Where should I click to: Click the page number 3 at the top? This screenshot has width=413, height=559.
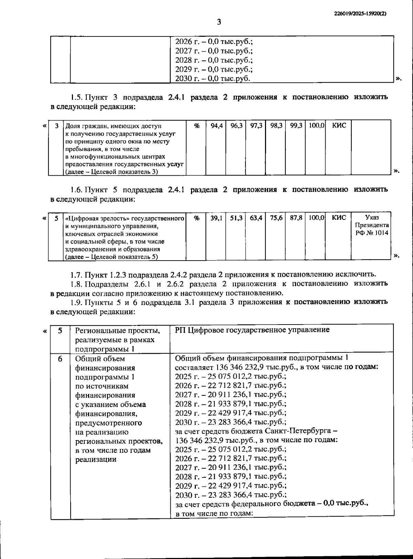click(219, 22)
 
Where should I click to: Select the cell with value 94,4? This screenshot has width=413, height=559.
click(216, 126)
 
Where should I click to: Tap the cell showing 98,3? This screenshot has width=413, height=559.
click(276, 126)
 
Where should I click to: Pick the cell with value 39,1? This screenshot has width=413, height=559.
click(216, 218)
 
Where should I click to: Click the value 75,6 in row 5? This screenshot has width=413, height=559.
click(276, 218)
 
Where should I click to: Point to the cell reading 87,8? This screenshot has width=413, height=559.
click(296, 218)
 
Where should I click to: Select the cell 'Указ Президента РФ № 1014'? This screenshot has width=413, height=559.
click(372, 225)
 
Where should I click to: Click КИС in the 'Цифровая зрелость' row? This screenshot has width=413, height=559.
click(339, 218)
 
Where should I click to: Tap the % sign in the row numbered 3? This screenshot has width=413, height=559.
click(197, 126)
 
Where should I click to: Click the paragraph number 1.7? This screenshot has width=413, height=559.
click(77, 275)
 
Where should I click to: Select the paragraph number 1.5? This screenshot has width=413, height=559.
click(77, 97)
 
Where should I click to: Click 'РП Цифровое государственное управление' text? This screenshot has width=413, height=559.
click(252, 330)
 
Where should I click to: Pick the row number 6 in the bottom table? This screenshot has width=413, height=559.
click(60, 359)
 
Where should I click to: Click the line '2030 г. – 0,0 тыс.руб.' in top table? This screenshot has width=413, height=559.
click(212, 78)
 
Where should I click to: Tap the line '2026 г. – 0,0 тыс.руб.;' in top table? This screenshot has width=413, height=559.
click(214, 42)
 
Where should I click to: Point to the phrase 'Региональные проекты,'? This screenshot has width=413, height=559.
click(117, 331)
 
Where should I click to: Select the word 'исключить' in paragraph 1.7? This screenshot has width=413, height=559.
click(359, 275)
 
